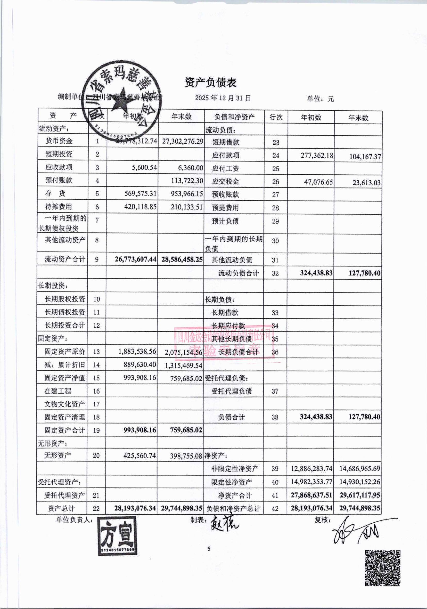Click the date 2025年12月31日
pyautogui.click(x=223, y=98)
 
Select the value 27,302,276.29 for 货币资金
pyautogui.click(x=183, y=141)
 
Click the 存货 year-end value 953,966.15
pyautogui.click(x=187, y=193)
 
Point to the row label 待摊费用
pyautogui.click(x=59, y=206)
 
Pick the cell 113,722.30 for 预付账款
pyautogui.click(x=187, y=180)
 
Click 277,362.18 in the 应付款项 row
pyautogui.click(x=317, y=155)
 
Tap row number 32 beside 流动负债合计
pyautogui.click(x=275, y=273)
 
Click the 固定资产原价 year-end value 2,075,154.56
pyautogui.click(x=184, y=353)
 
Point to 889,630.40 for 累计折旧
pyautogui.click(x=140, y=364)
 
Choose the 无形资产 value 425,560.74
pyautogui.click(x=139, y=456)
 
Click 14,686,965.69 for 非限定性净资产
pyautogui.click(x=360, y=468)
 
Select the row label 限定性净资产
pyautogui.click(x=231, y=482)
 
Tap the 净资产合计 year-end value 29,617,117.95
pyautogui.click(x=360, y=495)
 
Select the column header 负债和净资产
pyautogui.click(x=234, y=117)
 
